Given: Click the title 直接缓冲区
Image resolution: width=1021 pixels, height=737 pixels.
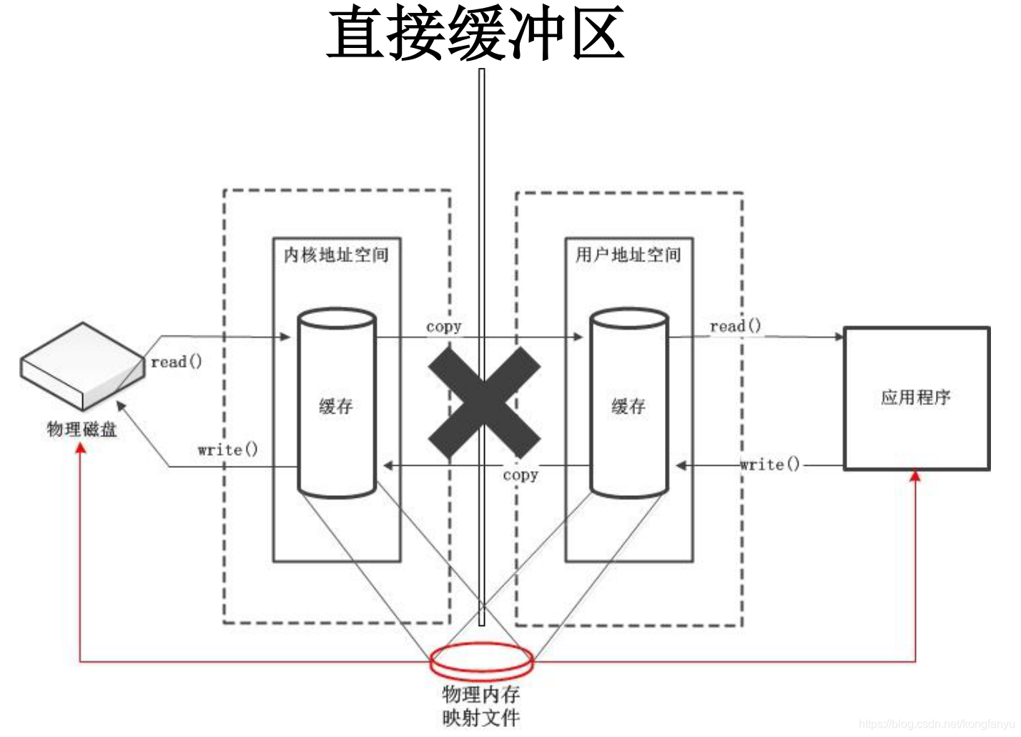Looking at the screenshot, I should tap(475, 34).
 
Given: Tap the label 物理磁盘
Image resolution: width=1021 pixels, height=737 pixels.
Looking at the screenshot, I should tap(82, 429).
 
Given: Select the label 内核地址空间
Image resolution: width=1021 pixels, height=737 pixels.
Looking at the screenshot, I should tap(336, 255).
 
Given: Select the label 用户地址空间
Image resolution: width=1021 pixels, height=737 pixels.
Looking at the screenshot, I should tap(628, 255).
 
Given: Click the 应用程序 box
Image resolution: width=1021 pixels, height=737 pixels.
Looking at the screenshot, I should tap(917, 398).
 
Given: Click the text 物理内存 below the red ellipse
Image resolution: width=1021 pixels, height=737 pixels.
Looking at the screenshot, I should tap(481, 693).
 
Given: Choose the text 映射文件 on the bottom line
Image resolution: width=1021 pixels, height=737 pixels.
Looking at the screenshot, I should tap(481, 717).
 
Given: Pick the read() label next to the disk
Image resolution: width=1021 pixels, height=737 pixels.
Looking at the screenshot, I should tap(177, 362).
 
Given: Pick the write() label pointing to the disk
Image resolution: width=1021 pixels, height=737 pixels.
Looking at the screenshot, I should tap(227, 450).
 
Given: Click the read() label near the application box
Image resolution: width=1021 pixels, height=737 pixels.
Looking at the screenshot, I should tap(735, 326).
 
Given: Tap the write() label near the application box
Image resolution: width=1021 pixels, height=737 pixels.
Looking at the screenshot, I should tap(770, 464).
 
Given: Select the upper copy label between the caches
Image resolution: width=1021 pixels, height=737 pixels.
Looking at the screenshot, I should tap(443, 327).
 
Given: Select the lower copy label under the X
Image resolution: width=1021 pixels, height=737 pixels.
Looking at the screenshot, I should tap(520, 475).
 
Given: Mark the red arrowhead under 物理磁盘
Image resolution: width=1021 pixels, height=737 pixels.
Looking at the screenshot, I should tap(81, 447).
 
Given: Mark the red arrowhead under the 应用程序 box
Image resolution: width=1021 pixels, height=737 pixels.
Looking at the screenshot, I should tap(915, 476).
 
